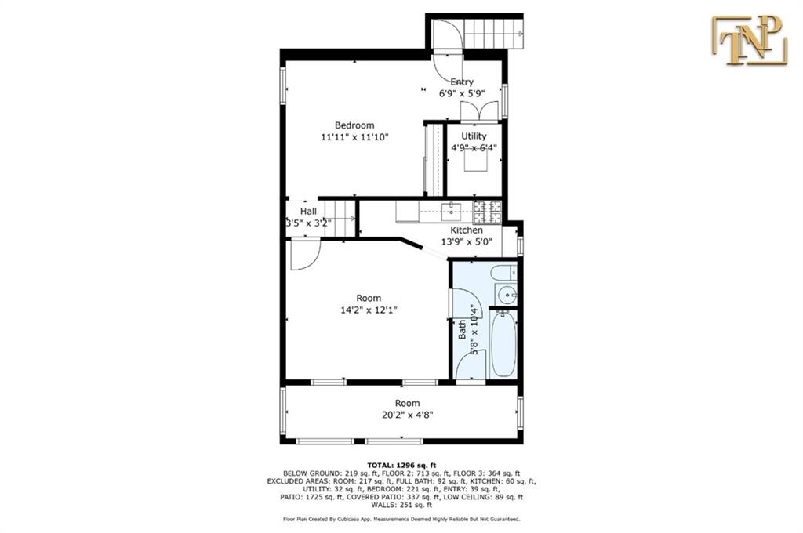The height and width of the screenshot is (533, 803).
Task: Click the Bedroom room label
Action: click(354, 125)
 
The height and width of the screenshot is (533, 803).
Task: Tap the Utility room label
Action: click(474, 136)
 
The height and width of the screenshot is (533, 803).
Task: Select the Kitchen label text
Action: click(467, 230)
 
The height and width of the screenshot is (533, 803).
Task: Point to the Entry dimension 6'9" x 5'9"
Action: click(462, 94)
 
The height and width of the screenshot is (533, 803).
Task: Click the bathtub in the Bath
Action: click(503, 344)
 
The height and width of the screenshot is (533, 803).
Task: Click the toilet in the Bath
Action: click(504, 273)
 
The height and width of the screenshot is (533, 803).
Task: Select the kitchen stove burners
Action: click(487, 212)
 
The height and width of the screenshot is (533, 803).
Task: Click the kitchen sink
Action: click(451, 209)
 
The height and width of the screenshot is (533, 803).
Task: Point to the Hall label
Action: click(308, 212)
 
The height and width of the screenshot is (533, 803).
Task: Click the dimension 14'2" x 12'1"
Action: click(369, 310)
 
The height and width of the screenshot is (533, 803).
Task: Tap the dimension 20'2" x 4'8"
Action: click(408, 415)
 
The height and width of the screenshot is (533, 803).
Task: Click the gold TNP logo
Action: click(749, 41)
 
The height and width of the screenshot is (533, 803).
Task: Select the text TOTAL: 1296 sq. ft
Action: click(401, 466)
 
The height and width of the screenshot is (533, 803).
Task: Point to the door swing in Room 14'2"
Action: click(306, 255)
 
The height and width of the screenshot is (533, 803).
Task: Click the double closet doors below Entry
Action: click(479, 111)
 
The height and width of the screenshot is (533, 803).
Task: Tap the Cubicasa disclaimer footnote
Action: click(401, 519)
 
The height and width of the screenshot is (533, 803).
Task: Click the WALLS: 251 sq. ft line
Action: click(401, 505)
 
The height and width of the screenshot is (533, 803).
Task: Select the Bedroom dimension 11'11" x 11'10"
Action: click(354, 137)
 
